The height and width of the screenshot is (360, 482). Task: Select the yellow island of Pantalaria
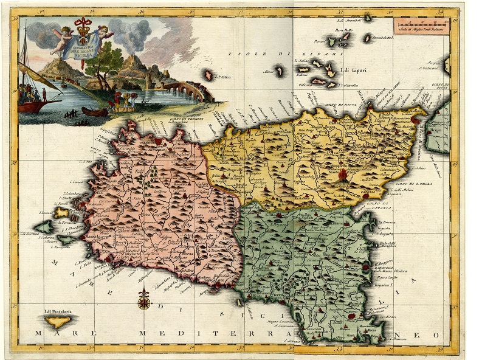59,320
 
